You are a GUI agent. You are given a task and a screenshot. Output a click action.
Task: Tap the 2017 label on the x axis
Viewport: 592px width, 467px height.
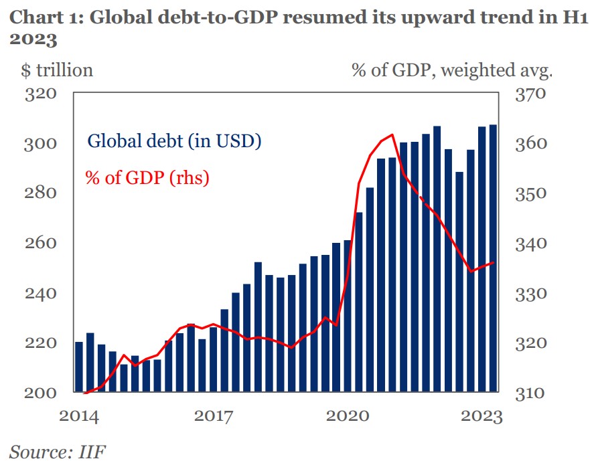pos(213,417)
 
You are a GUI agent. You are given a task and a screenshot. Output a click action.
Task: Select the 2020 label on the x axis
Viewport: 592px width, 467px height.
pos(347,417)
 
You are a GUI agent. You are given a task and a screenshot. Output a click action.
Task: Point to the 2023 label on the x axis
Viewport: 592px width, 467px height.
pos(482,417)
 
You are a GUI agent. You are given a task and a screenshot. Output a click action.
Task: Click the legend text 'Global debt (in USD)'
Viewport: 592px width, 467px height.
pos(175,142)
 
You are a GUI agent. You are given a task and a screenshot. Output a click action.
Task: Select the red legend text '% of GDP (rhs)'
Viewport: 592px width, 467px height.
pos(147,178)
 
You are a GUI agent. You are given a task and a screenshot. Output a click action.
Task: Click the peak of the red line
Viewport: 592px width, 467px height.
pos(392,135)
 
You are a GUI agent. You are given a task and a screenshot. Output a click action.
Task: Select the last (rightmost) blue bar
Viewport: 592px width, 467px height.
pos(494,258)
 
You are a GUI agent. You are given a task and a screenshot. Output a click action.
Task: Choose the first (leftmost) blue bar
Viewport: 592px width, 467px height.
pos(79,367)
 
